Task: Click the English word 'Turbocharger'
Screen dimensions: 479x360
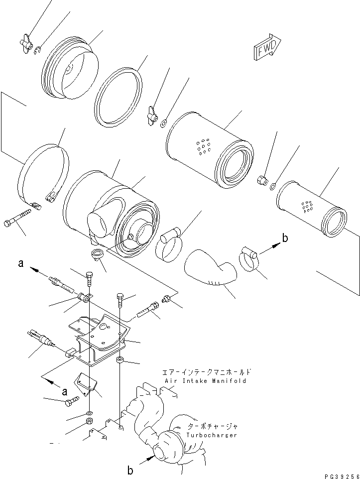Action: click(x=211, y=435)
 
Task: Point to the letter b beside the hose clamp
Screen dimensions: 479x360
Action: click(x=285, y=239)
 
